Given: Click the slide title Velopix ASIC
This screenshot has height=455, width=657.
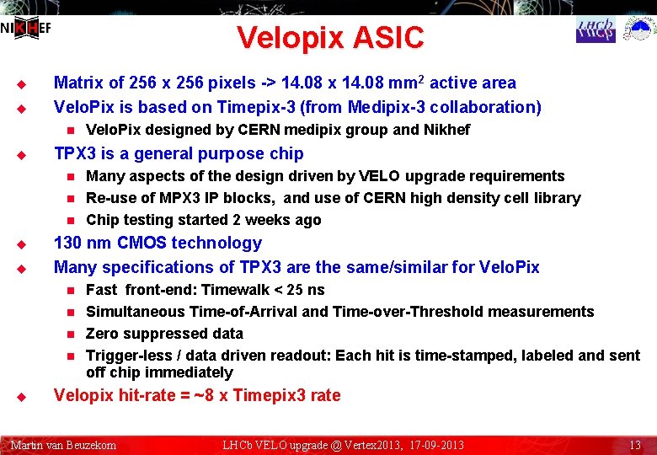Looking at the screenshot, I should (x=330, y=38).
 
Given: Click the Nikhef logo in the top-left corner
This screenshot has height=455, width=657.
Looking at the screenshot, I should (x=25, y=29).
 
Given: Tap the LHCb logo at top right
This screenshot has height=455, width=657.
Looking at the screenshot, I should (x=596, y=30).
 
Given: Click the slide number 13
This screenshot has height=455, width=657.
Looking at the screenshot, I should (x=635, y=445).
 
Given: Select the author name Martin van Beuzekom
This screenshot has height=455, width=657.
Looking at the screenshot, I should (x=63, y=445).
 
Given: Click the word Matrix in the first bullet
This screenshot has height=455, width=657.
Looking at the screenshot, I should (x=78, y=83).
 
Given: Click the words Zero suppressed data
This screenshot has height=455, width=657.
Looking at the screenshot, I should (x=164, y=334).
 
